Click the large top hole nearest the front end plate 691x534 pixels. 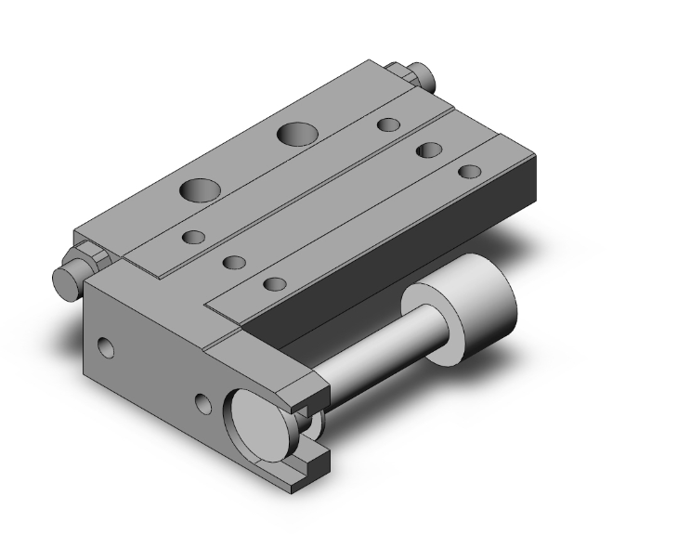click(x=200, y=191)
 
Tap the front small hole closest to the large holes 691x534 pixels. click(x=193, y=238)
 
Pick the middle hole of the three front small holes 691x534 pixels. click(x=233, y=262)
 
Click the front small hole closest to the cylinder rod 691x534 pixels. click(x=273, y=284)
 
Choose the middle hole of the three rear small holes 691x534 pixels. click(x=429, y=149)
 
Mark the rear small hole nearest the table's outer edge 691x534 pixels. click(x=470, y=171)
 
